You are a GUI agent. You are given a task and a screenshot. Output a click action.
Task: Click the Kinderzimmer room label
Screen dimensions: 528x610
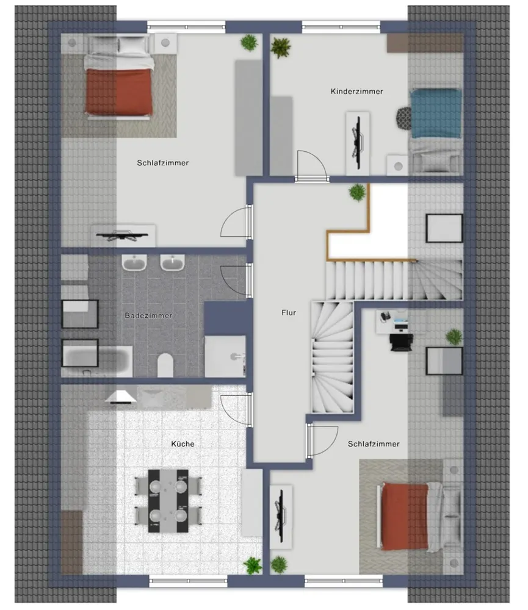(356, 91)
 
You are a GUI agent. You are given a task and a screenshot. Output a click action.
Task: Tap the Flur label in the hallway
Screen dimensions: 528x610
(289, 312)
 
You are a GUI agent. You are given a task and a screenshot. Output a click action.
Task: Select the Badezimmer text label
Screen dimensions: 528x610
(148, 315)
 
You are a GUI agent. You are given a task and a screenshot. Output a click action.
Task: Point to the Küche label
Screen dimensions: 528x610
(183, 443)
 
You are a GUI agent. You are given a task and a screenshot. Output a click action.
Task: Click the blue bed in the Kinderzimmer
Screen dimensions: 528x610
(436, 113)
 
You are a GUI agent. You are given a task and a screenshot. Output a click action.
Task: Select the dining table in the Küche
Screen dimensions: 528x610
(168, 501)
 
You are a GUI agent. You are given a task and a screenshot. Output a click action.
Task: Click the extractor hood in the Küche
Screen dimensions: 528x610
(121, 397)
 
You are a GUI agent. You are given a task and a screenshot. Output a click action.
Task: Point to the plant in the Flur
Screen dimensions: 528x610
(357, 192)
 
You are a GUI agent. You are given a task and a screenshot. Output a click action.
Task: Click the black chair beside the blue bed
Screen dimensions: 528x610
(404, 118)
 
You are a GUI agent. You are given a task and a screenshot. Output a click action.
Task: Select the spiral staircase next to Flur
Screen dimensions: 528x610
(332, 357)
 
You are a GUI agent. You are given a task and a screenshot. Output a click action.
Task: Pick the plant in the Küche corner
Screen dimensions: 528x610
(253, 565)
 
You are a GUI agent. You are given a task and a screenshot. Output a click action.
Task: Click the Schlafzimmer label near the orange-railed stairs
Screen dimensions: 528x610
(374, 444)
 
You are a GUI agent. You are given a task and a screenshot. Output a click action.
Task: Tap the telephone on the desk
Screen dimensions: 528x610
(385, 316)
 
